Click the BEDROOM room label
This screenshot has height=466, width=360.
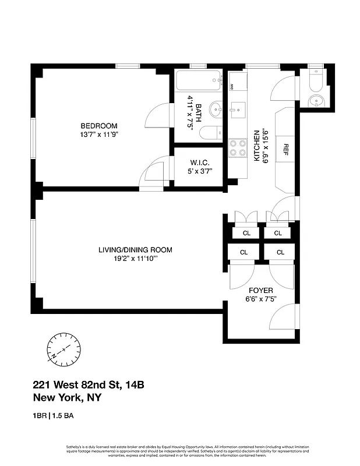coord(99,126)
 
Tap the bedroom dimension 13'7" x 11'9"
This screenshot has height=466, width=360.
coord(99,135)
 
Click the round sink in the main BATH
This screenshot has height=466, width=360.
coord(216,108)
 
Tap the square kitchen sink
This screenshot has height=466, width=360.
coord(238,108)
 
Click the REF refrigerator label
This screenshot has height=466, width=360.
coord(286,149)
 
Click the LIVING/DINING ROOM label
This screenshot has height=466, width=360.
coord(135,250)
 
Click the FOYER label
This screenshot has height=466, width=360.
coord(260,290)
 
